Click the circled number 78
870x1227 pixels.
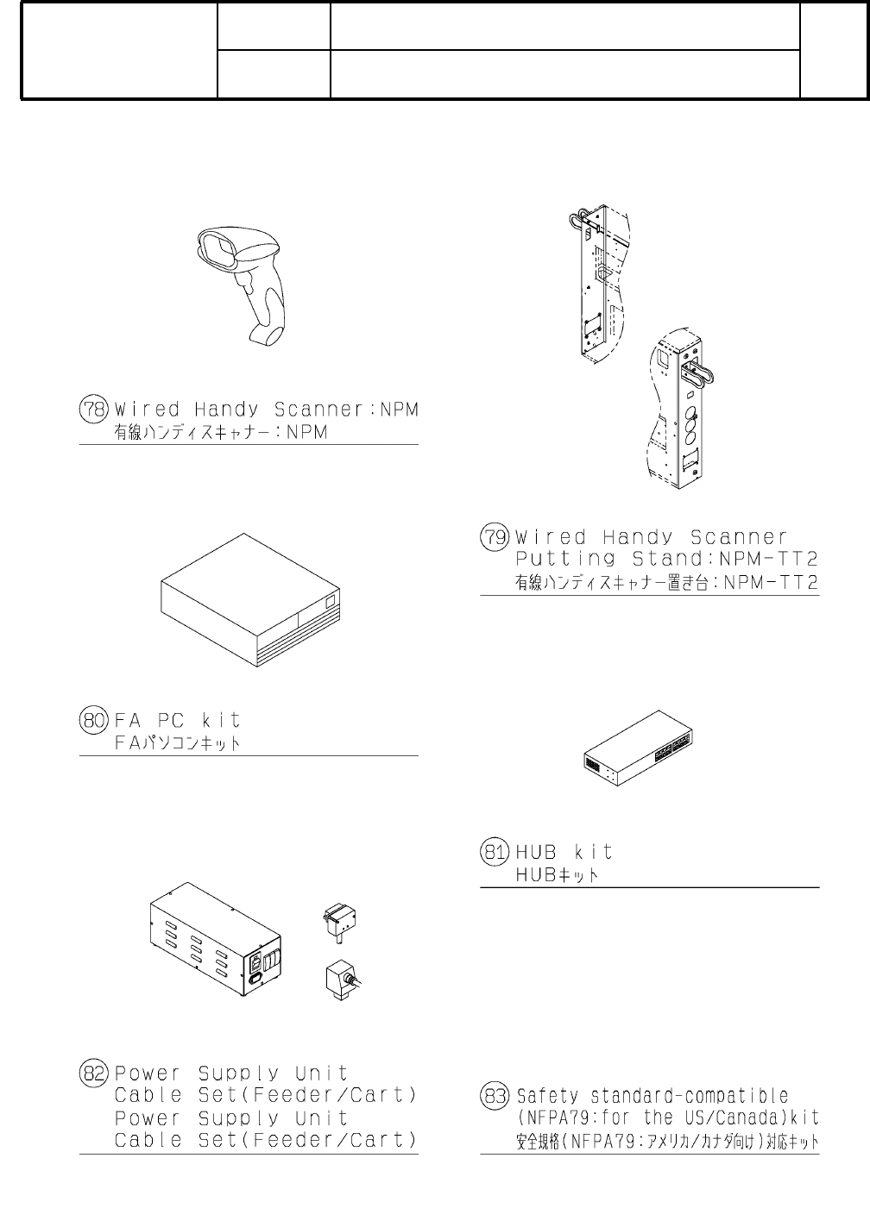(x=94, y=409)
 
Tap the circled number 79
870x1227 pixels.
(x=495, y=537)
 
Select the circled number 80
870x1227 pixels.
(x=94, y=719)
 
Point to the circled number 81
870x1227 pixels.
(x=495, y=852)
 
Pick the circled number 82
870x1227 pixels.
(x=94, y=1074)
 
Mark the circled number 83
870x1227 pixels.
(x=495, y=1096)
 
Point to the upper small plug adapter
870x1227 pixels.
(x=339, y=920)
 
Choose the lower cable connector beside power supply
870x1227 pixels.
(x=342, y=979)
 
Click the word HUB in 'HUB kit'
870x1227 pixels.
(x=535, y=852)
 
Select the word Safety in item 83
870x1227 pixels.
(x=547, y=1096)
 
